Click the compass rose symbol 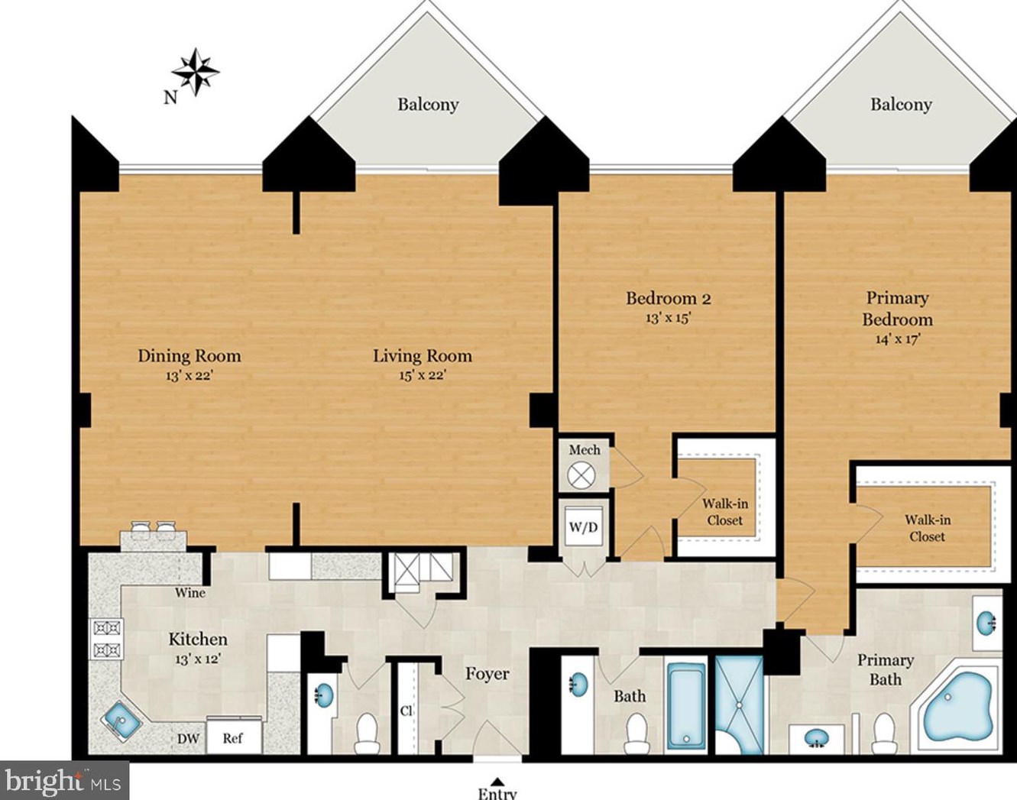[195, 73]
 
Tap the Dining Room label [189, 356]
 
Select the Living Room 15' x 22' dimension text [422, 376]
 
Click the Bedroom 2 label [669, 298]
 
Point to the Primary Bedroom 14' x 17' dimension [897, 339]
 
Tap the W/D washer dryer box [584, 527]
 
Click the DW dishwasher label [188, 738]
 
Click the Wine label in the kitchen [190, 593]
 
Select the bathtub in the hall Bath [687, 706]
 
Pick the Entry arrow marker [496, 781]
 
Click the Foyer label [487, 674]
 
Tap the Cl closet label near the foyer [406, 711]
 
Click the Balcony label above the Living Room [428, 105]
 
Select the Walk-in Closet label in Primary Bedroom [927, 528]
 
